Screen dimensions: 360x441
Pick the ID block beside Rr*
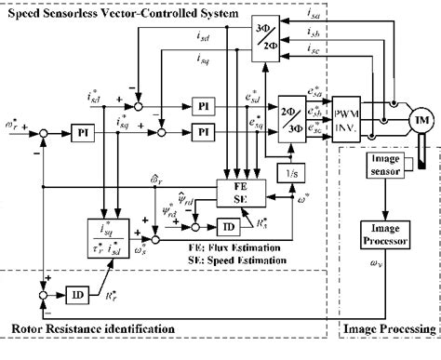coord(80,295)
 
